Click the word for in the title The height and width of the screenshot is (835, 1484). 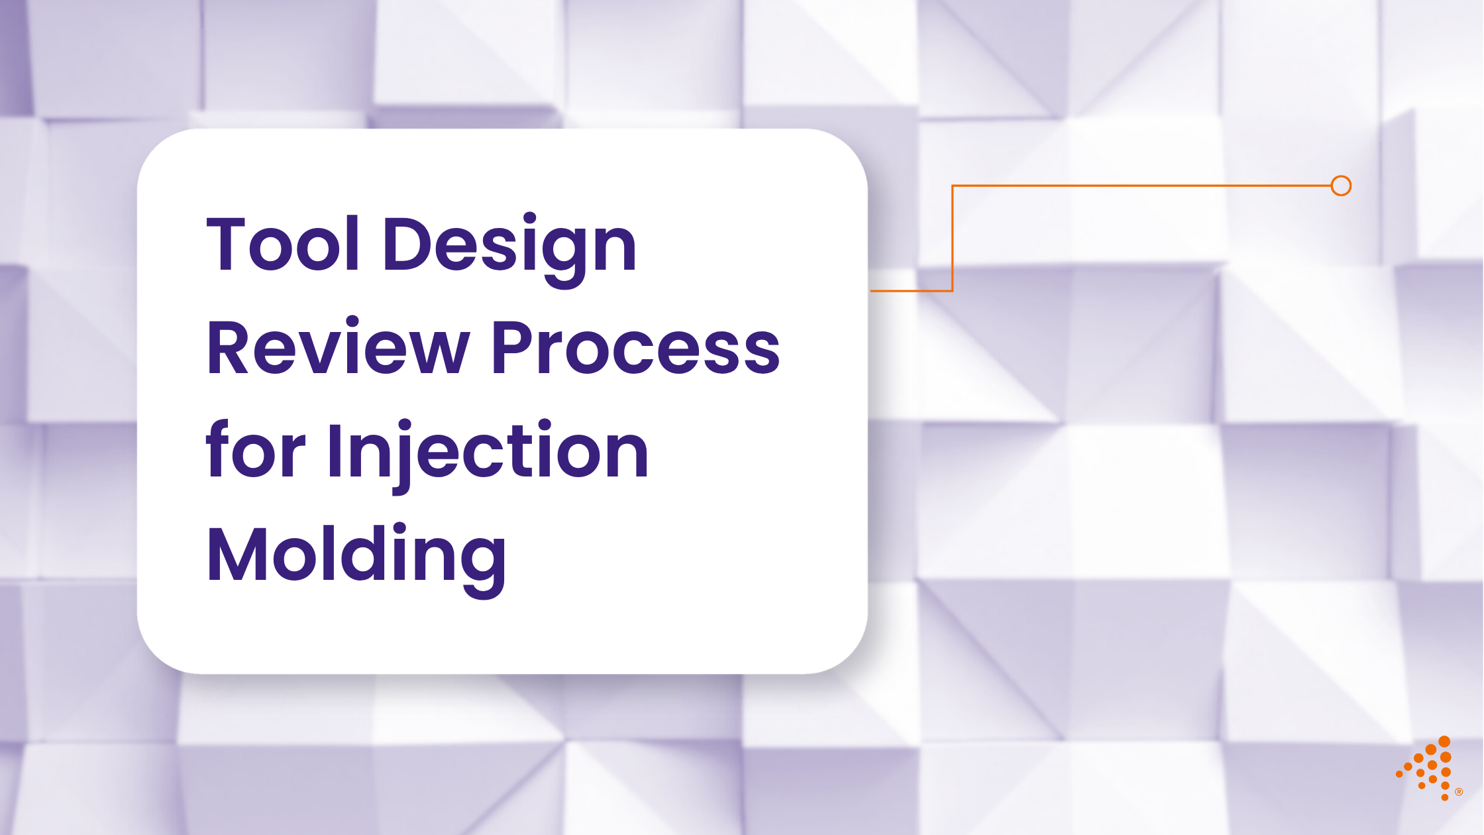click(255, 451)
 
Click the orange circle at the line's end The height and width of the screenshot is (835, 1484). click(1341, 186)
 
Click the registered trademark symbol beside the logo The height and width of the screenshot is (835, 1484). click(1459, 792)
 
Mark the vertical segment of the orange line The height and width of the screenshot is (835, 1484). click(952, 239)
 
